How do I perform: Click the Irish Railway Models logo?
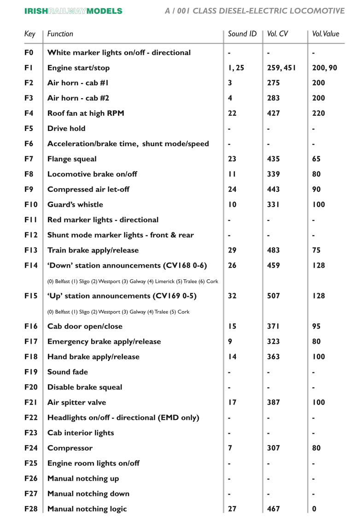click(x=73, y=11)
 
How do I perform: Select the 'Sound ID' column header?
click(x=242, y=34)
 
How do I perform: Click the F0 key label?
click(x=29, y=53)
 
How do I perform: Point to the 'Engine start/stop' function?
click(x=78, y=68)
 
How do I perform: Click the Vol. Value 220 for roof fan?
click(x=318, y=113)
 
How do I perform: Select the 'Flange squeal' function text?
click(x=72, y=159)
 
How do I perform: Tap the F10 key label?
click(x=31, y=205)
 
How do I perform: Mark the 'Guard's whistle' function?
click(x=75, y=205)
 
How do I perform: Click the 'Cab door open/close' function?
click(x=85, y=326)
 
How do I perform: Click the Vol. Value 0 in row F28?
click(x=315, y=509)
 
